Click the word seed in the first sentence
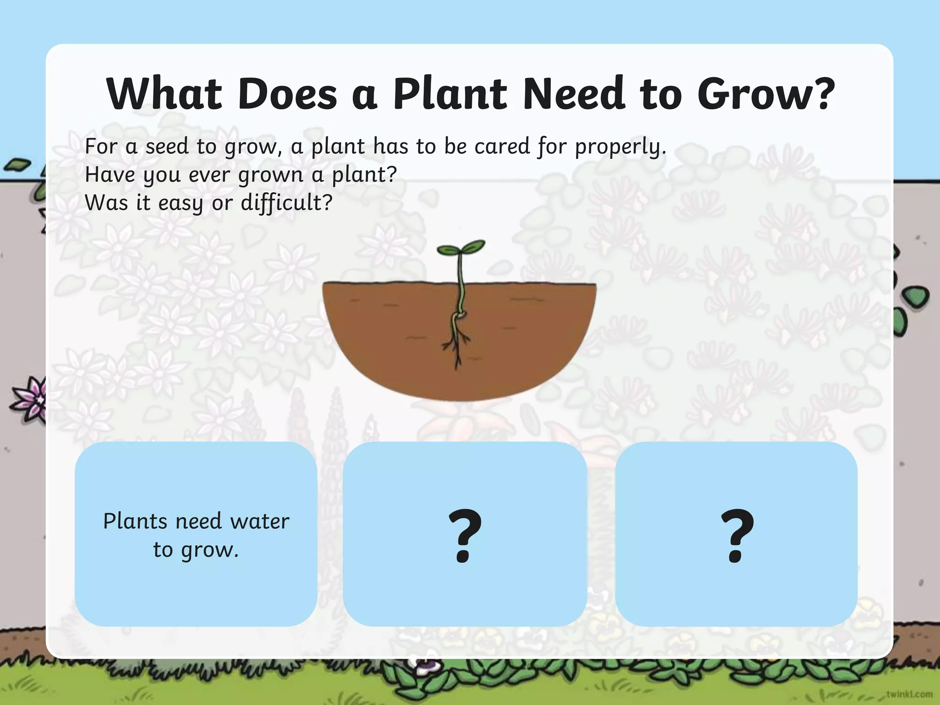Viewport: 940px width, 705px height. pyautogui.click(x=167, y=147)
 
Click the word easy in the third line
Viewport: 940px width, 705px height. pyautogui.click(x=180, y=203)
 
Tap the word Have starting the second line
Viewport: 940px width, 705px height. pyautogui.click(x=110, y=175)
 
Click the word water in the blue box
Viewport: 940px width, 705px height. pyautogui.click(x=259, y=521)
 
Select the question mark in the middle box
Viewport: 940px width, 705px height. pyautogui.click(x=464, y=536)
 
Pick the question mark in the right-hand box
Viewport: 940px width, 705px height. pyautogui.click(x=737, y=536)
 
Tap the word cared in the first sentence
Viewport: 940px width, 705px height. pyautogui.click(x=502, y=147)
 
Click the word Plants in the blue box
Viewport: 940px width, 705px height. pyautogui.click(x=135, y=521)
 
